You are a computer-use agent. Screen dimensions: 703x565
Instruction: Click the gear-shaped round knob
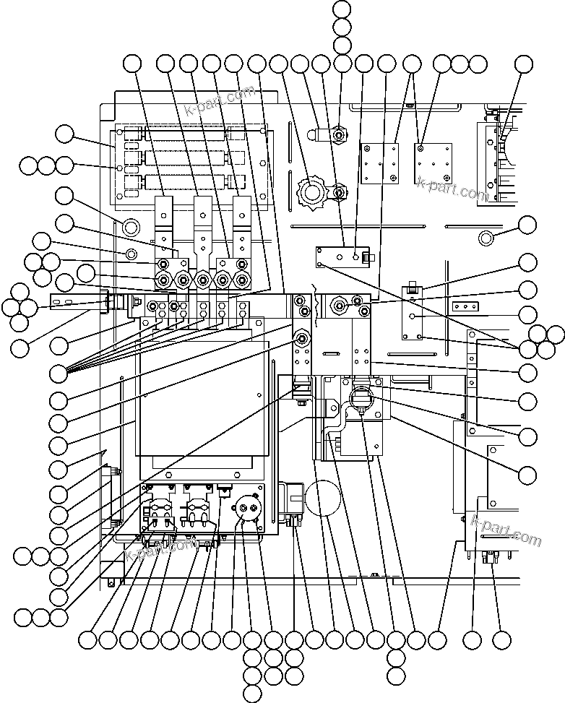point(312,191)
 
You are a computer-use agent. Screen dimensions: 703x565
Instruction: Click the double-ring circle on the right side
point(486,238)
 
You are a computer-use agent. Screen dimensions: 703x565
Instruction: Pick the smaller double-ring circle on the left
point(131,254)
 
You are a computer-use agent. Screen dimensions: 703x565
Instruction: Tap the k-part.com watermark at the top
point(220,102)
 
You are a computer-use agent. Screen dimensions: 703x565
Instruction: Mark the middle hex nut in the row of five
point(203,280)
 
